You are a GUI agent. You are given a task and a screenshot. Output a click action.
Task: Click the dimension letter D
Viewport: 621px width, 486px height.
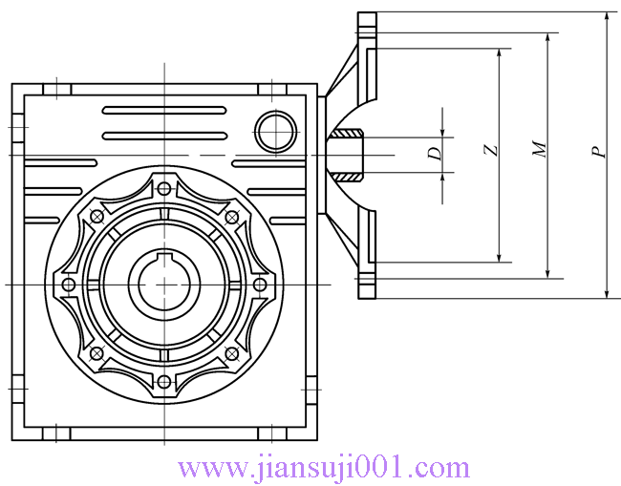point(435,153)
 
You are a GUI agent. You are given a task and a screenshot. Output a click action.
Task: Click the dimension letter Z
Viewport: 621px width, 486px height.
point(491,151)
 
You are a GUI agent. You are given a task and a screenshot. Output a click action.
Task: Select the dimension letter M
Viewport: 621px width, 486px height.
point(540,148)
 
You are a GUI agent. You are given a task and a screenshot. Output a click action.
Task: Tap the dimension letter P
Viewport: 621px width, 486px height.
point(599,152)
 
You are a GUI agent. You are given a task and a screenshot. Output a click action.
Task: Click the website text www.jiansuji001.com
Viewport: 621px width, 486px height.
point(324,470)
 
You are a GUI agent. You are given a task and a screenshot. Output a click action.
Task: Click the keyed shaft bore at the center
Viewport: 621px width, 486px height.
point(164,284)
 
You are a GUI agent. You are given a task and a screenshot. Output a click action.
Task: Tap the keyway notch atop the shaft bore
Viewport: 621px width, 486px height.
point(164,257)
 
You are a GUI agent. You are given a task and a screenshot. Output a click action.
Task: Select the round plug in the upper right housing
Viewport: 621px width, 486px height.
point(275,132)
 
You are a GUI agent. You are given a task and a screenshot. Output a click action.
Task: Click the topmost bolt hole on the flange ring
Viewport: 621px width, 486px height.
point(164,189)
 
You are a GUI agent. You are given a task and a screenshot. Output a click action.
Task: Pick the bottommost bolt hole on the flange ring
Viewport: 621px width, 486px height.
point(164,382)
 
